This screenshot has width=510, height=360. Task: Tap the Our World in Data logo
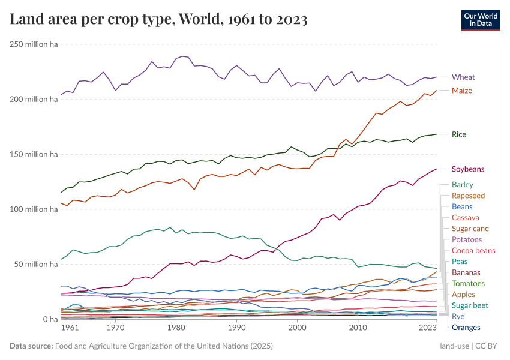click(x=481, y=19)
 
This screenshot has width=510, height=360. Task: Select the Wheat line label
click(x=463, y=77)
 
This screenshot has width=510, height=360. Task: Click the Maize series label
click(x=462, y=91)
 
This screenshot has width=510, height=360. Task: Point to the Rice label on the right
click(x=459, y=134)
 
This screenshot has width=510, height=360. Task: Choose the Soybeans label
click(x=468, y=169)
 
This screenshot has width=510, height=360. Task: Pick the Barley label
click(x=462, y=185)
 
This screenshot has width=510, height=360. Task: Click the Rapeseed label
click(x=468, y=196)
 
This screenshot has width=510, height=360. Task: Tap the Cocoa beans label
click(x=473, y=250)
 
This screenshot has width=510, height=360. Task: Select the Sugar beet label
click(x=470, y=305)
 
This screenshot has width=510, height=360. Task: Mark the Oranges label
click(x=466, y=327)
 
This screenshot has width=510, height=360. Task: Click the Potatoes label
click(x=467, y=239)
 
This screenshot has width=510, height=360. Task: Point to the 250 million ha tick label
click(x=33, y=44)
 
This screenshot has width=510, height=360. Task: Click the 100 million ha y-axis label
click(x=33, y=209)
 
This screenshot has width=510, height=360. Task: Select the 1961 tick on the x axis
click(x=70, y=328)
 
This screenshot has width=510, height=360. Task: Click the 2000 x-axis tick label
click(x=297, y=328)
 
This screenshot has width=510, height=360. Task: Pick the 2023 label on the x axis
click(x=428, y=328)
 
